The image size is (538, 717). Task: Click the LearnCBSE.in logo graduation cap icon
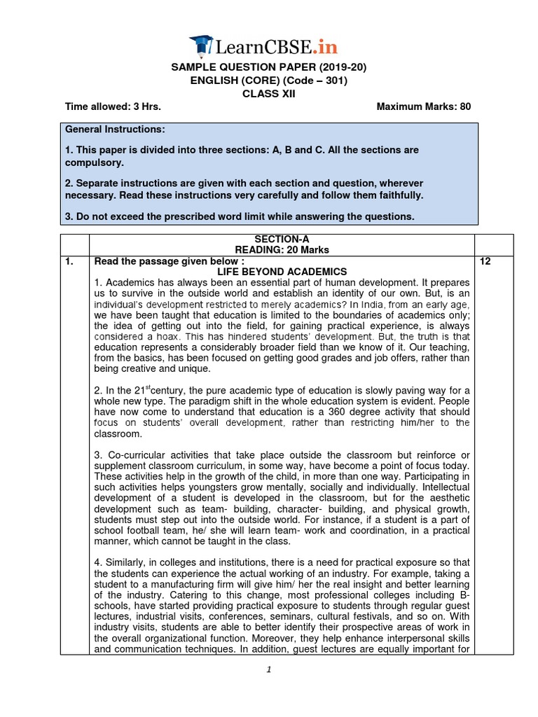tap(203, 45)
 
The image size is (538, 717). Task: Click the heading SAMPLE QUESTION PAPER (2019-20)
tap(269, 67)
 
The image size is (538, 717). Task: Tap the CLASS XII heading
tap(269, 94)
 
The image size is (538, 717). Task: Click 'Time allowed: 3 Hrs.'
tap(113, 107)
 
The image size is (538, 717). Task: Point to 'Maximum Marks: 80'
tap(424, 107)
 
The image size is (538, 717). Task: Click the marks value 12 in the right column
tap(484, 260)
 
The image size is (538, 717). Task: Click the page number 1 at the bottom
tap(269, 669)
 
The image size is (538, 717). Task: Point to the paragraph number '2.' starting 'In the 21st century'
tap(97, 390)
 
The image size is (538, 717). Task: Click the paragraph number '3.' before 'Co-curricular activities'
tap(97, 456)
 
